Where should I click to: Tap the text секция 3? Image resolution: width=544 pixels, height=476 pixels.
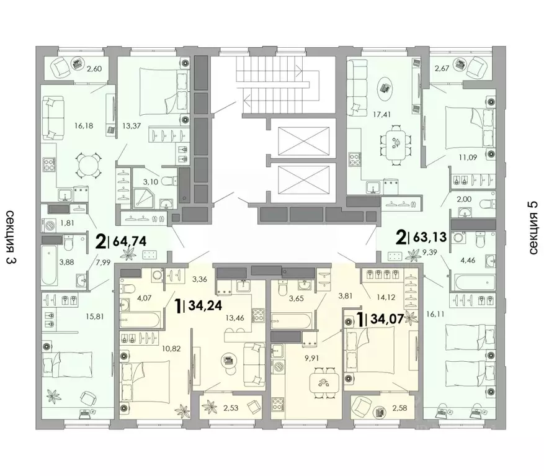(11, 238)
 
